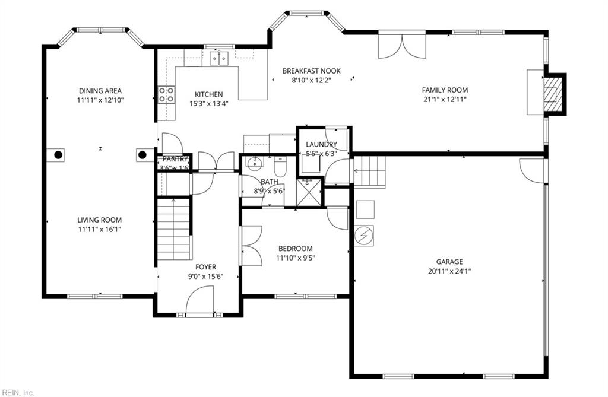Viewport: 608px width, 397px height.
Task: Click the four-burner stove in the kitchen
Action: pyautogui.click(x=166, y=94)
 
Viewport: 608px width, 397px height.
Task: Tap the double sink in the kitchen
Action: pyautogui.click(x=219, y=58)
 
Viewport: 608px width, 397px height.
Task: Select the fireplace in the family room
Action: pyautogui.click(x=553, y=94)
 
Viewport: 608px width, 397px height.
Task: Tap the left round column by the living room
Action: pyautogui.click(x=58, y=155)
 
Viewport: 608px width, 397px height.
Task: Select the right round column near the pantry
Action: pyautogui.click(x=142, y=155)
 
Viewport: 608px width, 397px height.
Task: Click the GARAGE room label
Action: pyautogui.click(x=449, y=261)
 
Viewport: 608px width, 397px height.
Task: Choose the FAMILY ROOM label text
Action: pyautogui.click(x=445, y=90)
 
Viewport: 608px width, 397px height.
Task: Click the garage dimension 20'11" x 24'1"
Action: pyautogui.click(x=449, y=271)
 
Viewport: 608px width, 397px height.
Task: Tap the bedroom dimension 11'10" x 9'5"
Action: pyautogui.click(x=294, y=258)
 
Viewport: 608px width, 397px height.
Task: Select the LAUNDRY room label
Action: pyautogui.click(x=321, y=144)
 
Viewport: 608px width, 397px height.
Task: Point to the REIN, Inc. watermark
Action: pyautogui.click(x=18, y=392)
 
